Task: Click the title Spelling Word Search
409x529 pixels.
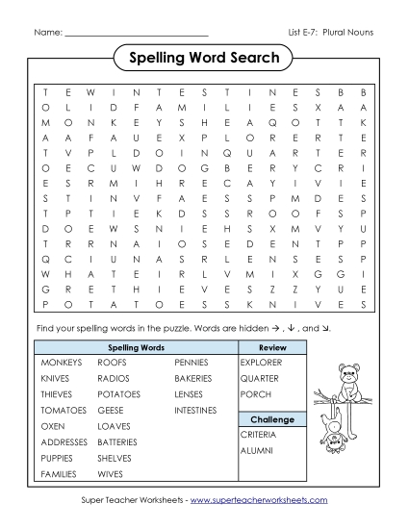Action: point(204,59)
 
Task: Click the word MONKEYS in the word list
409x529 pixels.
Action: point(60,363)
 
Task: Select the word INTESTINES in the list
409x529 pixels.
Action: point(197,410)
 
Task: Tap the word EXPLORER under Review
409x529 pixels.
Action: point(262,363)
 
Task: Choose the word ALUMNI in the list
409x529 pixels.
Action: point(256,451)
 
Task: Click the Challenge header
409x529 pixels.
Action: point(271,420)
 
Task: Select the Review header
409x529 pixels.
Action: point(272,346)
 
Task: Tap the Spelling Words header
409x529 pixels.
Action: point(136,346)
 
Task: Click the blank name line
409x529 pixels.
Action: point(137,35)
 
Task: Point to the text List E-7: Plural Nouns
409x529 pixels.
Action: point(331,33)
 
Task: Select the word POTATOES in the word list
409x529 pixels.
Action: point(119,394)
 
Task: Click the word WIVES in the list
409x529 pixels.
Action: point(110,473)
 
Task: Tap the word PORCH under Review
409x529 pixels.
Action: point(255,394)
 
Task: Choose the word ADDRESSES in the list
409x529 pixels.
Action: point(64,441)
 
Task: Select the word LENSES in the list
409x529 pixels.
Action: point(190,394)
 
